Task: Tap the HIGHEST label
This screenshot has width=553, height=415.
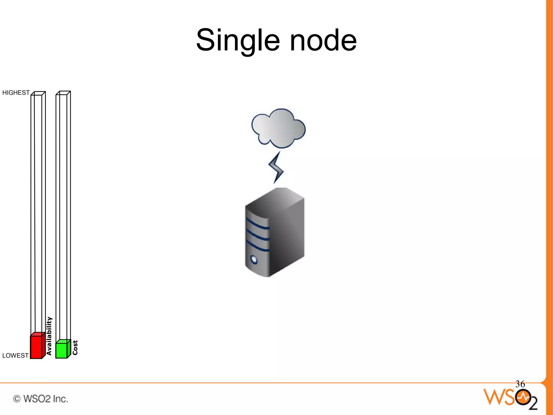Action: [x=16, y=93]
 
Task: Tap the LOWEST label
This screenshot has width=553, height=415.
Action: [x=15, y=356]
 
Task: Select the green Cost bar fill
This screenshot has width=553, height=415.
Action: [x=61, y=350]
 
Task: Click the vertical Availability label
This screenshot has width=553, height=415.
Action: [x=49, y=336]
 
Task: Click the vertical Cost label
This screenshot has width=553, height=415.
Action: [x=75, y=348]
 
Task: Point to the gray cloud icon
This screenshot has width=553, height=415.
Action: [x=278, y=128]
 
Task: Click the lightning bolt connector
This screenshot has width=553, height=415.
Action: [x=276, y=168]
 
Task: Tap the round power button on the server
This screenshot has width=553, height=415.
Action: [x=254, y=260]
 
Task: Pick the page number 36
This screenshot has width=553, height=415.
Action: [x=520, y=384]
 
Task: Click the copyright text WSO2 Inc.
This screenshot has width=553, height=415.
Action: [x=45, y=399]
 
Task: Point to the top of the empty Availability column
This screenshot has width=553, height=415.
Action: [x=38, y=93]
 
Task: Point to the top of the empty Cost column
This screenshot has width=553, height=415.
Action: [x=63, y=93]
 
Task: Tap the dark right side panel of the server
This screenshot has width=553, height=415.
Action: [x=288, y=238]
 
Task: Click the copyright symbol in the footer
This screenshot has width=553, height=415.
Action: [x=17, y=399]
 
